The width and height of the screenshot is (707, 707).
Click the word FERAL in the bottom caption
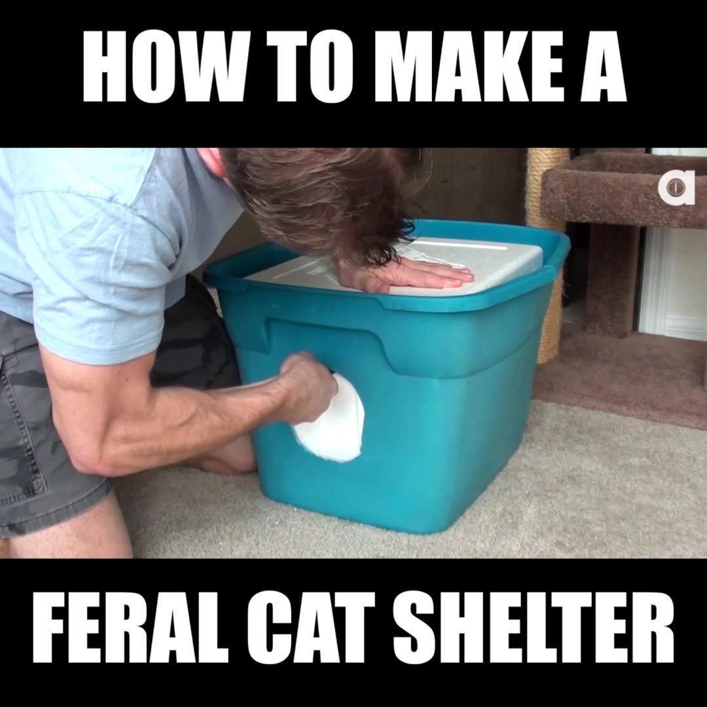(131, 628)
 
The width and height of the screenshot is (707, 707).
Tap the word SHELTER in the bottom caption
(534, 628)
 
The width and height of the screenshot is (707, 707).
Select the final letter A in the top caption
(604, 67)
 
